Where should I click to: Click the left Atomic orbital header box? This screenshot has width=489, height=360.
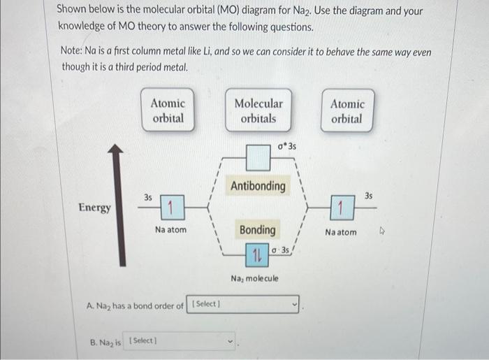[168, 110]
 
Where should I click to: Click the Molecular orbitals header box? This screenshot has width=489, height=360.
[258, 110]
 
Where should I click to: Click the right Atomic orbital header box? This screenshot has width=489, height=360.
[346, 110]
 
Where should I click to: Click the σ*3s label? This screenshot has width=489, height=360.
[286, 147]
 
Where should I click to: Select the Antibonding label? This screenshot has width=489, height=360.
[258, 186]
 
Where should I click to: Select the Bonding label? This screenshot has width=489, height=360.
[257, 229]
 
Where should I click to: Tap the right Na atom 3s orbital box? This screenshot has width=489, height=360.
[340, 208]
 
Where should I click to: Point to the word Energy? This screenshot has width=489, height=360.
[94, 208]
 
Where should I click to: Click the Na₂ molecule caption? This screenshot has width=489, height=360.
[254, 278]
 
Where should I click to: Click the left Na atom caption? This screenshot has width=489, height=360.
[170, 230]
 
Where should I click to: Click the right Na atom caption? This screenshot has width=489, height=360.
[340, 232]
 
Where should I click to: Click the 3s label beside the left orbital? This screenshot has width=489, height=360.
[147, 198]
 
